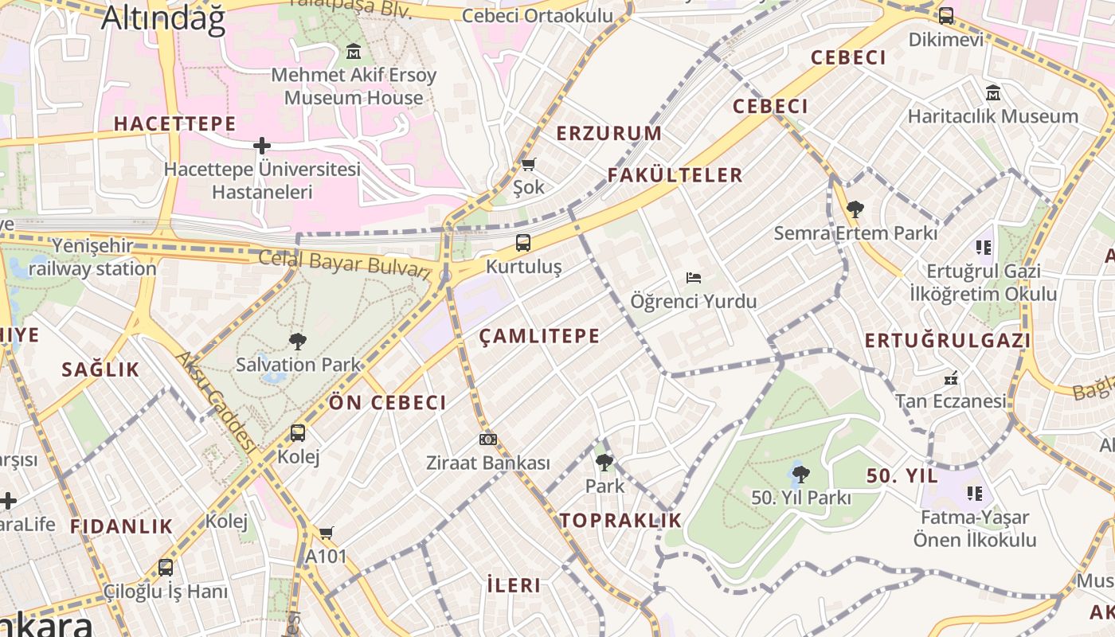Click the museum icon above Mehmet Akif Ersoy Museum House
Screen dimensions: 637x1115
point(354,53)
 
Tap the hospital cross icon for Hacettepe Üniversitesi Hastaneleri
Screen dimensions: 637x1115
point(262,146)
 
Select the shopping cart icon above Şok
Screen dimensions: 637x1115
point(528,164)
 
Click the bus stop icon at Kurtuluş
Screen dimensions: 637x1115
point(523,243)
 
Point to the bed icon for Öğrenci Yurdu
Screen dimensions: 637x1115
point(694,278)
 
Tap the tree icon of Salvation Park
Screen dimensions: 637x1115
point(298,342)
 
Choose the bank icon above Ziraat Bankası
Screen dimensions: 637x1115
point(488,440)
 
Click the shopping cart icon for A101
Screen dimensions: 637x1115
point(326,533)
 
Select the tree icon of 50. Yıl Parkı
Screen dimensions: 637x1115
point(801,475)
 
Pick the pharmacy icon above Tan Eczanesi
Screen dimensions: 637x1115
point(950,377)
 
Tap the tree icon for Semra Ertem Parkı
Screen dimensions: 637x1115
point(855,209)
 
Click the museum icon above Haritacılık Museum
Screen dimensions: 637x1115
point(993,93)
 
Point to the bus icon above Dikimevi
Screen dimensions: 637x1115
point(946,15)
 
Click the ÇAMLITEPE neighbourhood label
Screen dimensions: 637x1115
point(540,336)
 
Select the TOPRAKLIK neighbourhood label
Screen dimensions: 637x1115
point(620,521)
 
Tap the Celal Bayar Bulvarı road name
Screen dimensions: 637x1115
point(344,263)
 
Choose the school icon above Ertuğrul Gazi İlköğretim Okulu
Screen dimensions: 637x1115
point(984,248)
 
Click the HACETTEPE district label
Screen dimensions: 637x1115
point(175,123)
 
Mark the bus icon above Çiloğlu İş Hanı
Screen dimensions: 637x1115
point(166,568)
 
